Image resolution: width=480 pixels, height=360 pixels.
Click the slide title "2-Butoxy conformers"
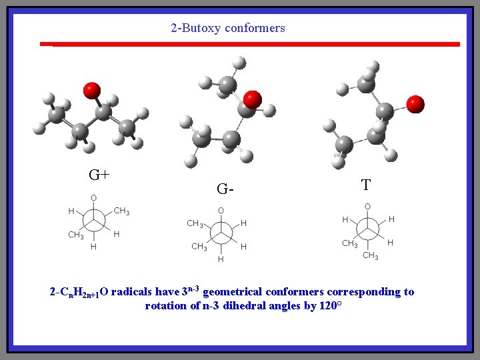point(227,28)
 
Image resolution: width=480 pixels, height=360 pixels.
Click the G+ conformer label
point(99,175)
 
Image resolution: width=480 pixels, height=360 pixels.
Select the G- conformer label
point(225,189)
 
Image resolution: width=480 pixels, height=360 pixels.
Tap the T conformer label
point(365,185)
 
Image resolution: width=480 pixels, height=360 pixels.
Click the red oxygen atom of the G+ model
point(91,90)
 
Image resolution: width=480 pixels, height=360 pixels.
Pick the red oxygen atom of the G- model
point(252,100)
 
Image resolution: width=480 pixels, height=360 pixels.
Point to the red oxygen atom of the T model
point(415,104)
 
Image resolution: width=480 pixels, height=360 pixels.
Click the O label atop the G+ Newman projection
point(93,198)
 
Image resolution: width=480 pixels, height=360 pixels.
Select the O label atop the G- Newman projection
point(221,210)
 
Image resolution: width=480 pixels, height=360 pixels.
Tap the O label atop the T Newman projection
point(367,207)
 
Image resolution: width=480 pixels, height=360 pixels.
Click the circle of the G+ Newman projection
point(93,221)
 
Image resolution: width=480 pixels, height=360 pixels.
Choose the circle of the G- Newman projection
point(221,234)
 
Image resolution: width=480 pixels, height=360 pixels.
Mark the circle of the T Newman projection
point(367,229)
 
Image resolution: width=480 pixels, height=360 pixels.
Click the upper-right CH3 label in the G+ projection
point(121,211)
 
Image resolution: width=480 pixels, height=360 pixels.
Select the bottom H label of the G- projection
point(221,259)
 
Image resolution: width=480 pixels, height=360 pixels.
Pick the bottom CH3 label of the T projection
point(370,256)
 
